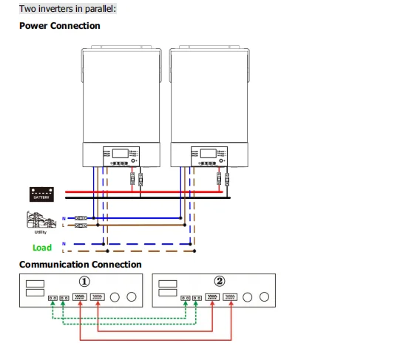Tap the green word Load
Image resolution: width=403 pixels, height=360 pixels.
tap(42, 248)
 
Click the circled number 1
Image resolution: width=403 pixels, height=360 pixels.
tap(86, 282)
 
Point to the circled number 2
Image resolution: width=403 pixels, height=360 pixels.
tap(219, 282)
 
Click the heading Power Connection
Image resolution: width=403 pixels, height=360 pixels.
tap(59, 26)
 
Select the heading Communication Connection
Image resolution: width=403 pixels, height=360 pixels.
tap(80, 265)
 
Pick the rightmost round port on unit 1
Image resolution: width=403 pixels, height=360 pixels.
tap(132, 297)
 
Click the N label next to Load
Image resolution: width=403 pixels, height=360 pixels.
tap(64, 243)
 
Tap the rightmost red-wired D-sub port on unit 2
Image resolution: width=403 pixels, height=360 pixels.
tap(229, 297)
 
